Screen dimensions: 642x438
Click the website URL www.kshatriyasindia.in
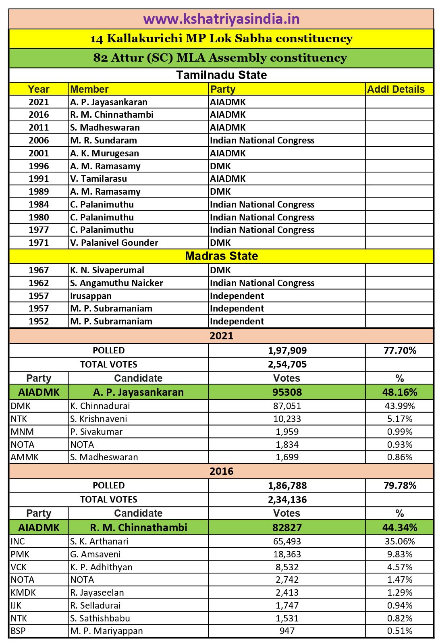coord(221,19)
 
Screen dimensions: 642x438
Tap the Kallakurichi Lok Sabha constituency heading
coord(221,39)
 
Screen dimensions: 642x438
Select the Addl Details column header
coord(396,89)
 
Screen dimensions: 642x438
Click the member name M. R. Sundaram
coord(104,140)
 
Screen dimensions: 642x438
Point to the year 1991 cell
coord(39,179)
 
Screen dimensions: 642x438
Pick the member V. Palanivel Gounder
coord(114,243)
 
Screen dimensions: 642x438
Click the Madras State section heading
coord(221,256)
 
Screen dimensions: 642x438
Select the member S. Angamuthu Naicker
coord(116,283)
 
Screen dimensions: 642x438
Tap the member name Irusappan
coord(91,296)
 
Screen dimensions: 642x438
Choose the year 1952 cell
coord(39,321)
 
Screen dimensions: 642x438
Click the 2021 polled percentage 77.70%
coord(400,350)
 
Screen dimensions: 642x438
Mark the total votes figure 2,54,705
coord(287,364)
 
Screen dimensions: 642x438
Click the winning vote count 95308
coord(287,392)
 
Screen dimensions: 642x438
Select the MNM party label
coord(22,432)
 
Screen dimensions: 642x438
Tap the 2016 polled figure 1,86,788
coord(287,485)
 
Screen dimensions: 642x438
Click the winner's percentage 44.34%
coord(400,528)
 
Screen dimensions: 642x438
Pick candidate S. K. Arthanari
coord(99,541)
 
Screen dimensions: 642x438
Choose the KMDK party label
coord(23,592)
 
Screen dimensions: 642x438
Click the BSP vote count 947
coord(287,631)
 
